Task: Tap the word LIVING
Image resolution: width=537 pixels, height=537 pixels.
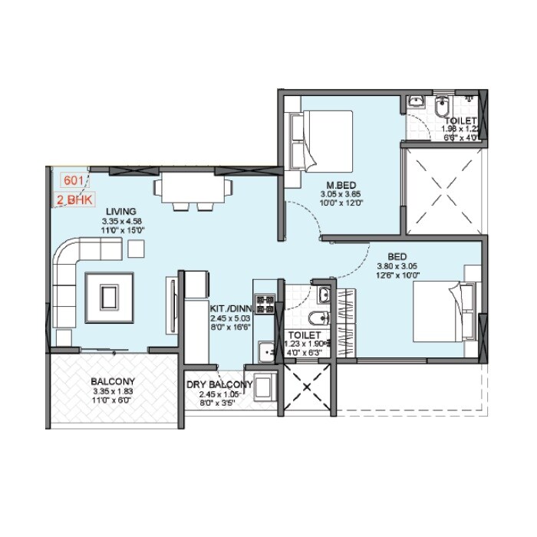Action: pos(122,211)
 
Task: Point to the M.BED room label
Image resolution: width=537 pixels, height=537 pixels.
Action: pos(338,184)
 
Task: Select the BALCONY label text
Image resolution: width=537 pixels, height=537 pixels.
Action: pos(113,381)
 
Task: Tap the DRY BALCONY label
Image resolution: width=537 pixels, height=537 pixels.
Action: pos(219,385)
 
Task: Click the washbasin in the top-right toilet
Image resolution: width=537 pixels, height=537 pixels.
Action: pos(415,102)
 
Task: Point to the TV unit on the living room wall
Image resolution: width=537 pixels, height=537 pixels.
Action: pos(172,305)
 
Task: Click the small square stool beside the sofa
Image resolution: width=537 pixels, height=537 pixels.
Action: pos(137,248)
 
